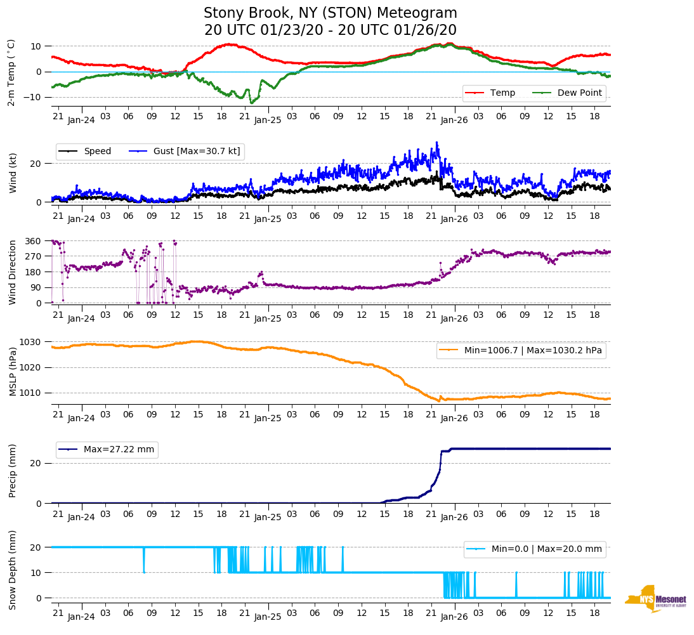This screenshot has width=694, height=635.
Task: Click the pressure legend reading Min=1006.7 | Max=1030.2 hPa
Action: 521,350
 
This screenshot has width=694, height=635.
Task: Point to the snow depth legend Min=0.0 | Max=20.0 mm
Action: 535,549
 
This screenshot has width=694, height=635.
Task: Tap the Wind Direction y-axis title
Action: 12,272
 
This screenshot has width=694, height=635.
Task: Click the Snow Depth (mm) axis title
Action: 12,570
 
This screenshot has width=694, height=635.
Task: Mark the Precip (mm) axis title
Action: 12,471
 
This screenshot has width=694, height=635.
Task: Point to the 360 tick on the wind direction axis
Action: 34,241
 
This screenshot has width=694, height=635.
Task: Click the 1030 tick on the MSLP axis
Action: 31,342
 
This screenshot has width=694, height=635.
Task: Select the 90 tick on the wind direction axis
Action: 36,287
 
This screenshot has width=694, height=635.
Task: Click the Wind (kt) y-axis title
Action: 12,173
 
